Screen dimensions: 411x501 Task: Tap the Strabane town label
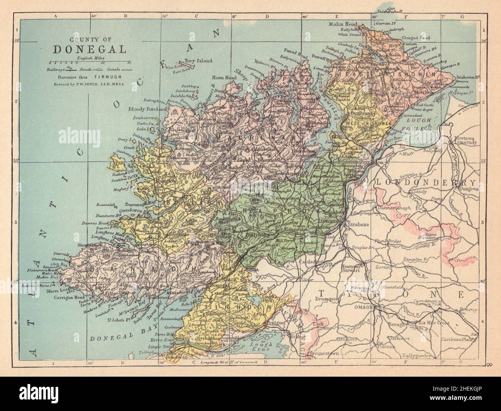pyautogui.click(x=359, y=224)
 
